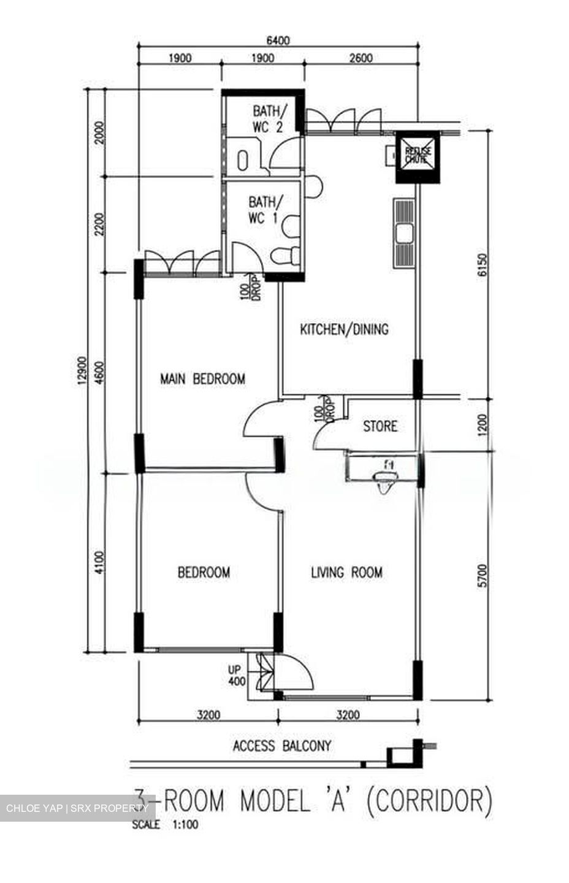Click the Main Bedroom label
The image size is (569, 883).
(x=202, y=378)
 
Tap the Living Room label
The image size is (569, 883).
(x=346, y=573)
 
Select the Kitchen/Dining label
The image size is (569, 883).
(x=344, y=329)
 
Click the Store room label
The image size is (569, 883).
(x=380, y=426)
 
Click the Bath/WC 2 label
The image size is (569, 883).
(x=269, y=119)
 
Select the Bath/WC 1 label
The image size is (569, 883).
(x=265, y=209)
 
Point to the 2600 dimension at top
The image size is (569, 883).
(x=361, y=58)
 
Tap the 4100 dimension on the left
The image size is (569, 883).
(x=100, y=562)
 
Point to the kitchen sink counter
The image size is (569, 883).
(x=403, y=233)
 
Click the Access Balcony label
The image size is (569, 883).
(x=282, y=746)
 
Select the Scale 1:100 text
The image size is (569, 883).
(x=165, y=825)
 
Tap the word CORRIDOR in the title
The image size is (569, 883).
(x=429, y=801)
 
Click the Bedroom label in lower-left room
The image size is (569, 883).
(x=204, y=573)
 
